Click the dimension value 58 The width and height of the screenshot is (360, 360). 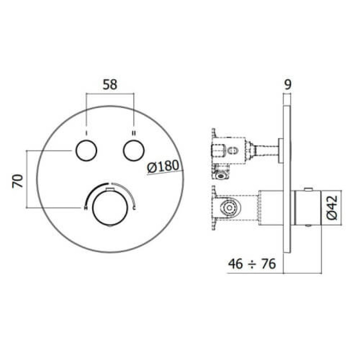110,85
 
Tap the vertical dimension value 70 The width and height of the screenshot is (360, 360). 18,181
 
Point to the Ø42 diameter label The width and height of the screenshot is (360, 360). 332,207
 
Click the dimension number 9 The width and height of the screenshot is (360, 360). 288,85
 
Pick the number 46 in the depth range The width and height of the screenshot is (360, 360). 235,264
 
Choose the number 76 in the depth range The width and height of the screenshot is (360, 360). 268,264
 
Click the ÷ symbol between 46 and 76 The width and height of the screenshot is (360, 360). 252,265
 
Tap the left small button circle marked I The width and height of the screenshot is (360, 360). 86,150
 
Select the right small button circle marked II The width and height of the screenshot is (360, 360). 134,150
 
